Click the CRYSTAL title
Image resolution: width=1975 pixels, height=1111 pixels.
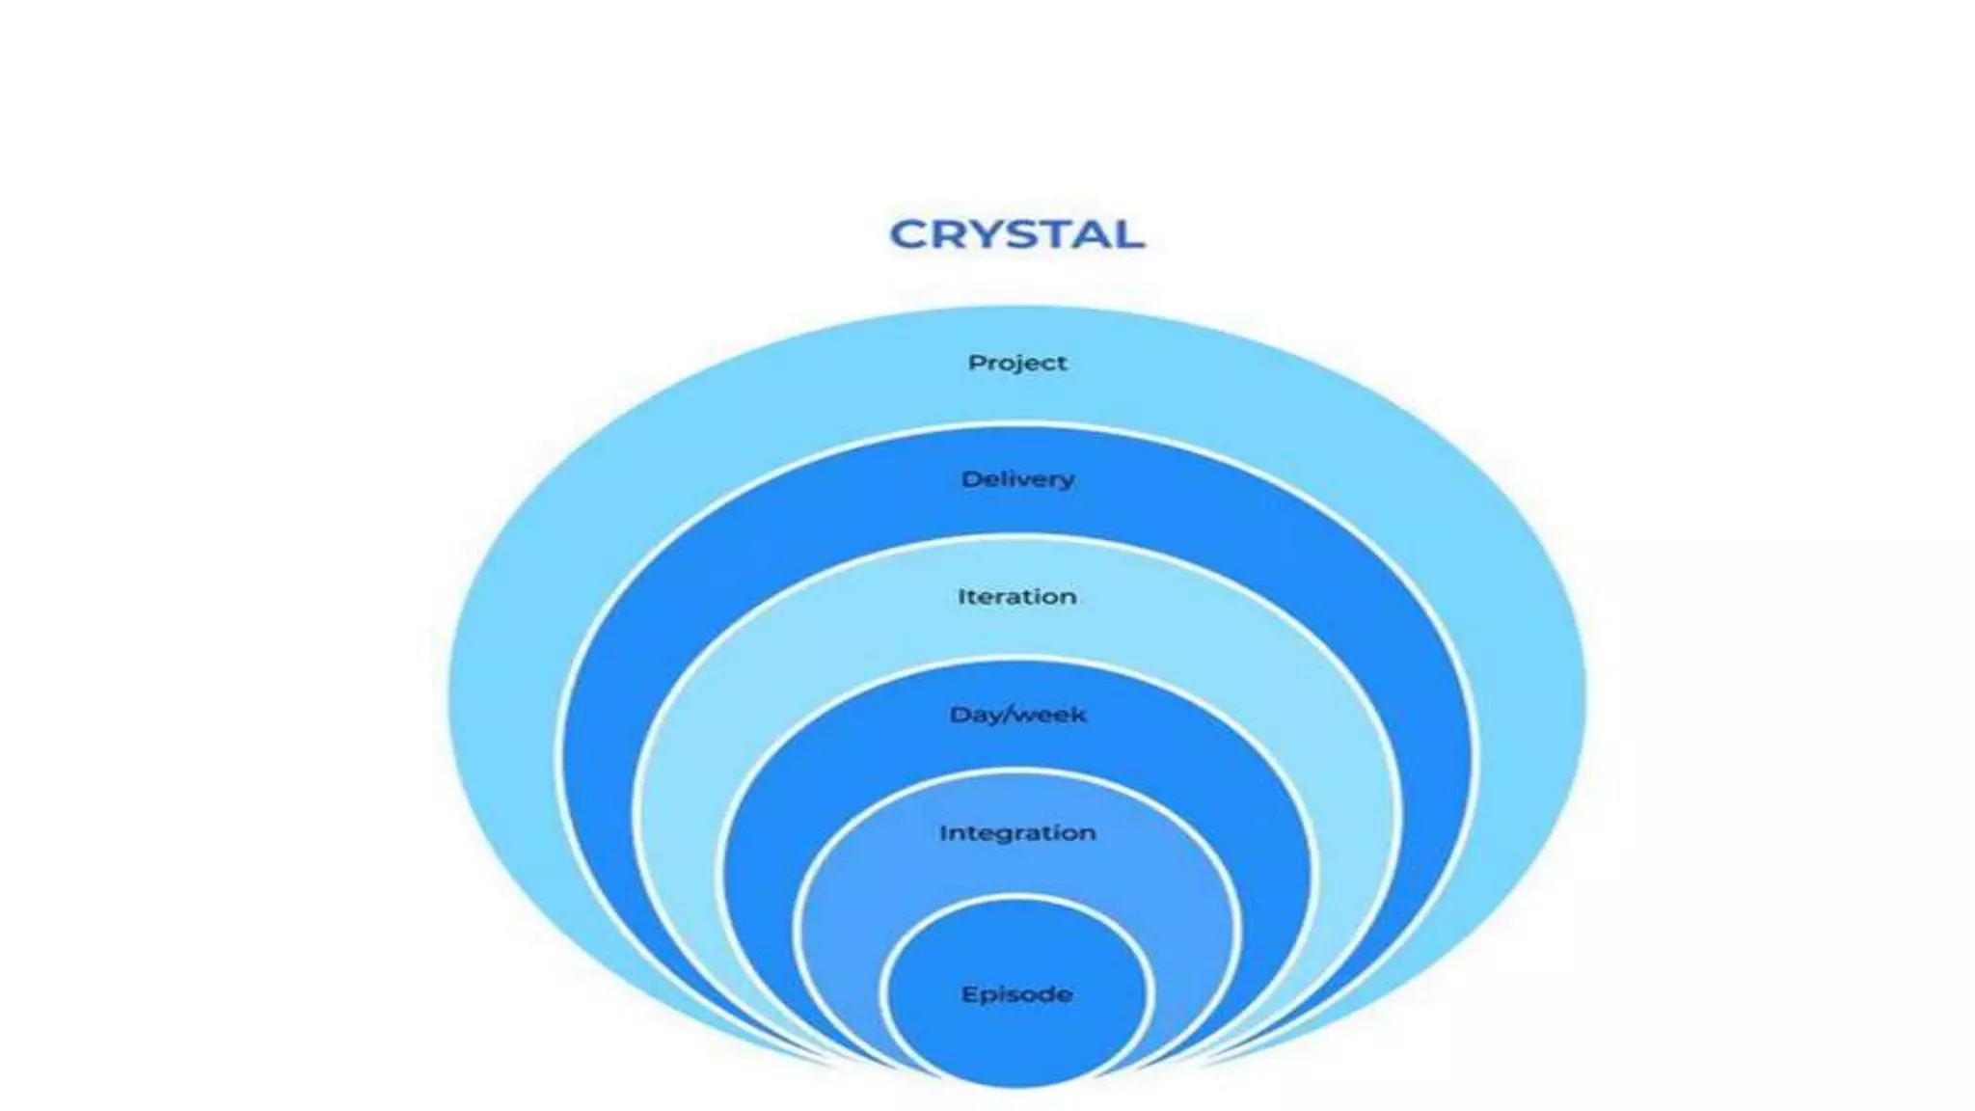tap(1016, 234)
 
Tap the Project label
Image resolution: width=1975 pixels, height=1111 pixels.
tap(1017, 363)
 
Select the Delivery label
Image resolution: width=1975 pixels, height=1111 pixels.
tap(1017, 479)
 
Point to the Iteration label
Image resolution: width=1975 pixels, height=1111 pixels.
tap(1016, 597)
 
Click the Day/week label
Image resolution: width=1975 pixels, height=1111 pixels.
tap(1017, 715)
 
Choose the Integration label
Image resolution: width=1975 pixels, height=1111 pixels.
tap(1017, 832)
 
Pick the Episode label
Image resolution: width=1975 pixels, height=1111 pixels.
tap(1016, 994)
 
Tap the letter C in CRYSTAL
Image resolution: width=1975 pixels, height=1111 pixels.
tap(906, 234)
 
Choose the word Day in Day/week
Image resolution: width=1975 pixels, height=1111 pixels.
tap(974, 715)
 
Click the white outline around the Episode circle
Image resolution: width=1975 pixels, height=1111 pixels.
tap(1016, 899)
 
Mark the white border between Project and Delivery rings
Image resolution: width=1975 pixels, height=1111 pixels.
tap(1016, 426)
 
